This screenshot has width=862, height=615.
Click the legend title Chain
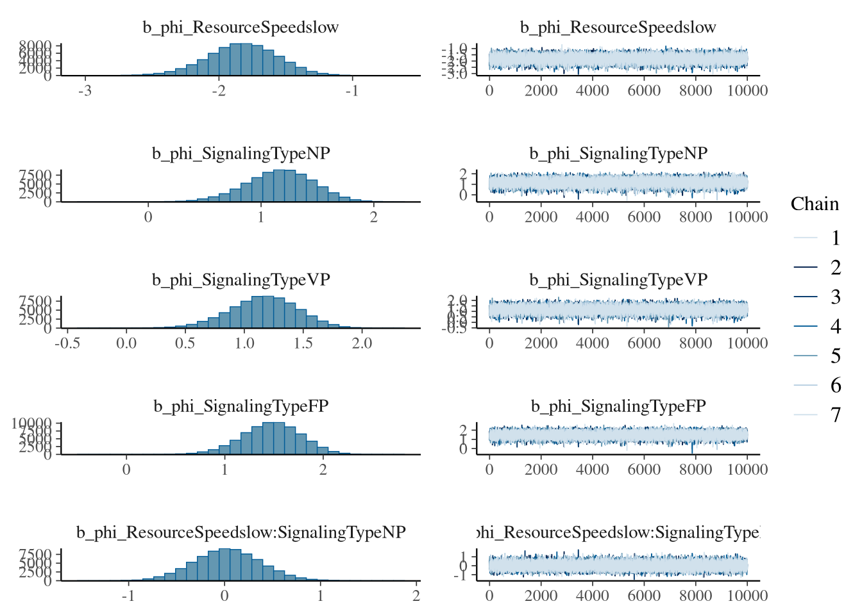pyautogui.click(x=815, y=204)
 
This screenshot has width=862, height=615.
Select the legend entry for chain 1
pyautogui.click(x=835, y=238)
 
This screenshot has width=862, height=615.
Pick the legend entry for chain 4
pyautogui.click(x=835, y=327)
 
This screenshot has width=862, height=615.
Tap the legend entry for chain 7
pyautogui.click(x=835, y=415)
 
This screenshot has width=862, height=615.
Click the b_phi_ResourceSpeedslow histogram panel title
pyautogui.click(x=241, y=28)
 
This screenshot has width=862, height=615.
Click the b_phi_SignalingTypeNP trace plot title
pyautogui.click(x=618, y=154)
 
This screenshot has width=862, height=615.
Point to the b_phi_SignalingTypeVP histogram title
pyautogui.click(x=241, y=280)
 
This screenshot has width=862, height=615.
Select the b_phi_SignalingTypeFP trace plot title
pyautogui.click(x=618, y=406)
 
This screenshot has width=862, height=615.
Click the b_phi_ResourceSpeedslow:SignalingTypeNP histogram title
pyautogui.click(x=241, y=532)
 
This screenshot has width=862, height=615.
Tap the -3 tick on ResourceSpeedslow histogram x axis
pyautogui.click(x=85, y=91)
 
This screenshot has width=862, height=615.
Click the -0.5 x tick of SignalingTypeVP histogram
pyautogui.click(x=67, y=343)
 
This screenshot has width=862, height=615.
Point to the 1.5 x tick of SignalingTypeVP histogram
pyautogui.click(x=303, y=343)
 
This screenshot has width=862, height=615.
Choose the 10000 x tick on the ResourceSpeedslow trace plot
pyautogui.click(x=747, y=91)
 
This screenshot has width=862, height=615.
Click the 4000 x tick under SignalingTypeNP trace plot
pyautogui.click(x=592, y=217)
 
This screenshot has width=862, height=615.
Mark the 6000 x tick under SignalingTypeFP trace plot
pyautogui.click(x=644, y=470)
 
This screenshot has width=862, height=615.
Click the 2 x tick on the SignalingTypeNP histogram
pyautogui.click(x=374, y=217)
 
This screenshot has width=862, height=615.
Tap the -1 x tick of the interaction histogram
pyautogui.click(x=128, y=596)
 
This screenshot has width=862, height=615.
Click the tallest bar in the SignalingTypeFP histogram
pyautogui.click(x=274, y=438)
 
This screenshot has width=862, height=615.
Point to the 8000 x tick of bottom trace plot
pyautogui.click(x=695, y=596)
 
